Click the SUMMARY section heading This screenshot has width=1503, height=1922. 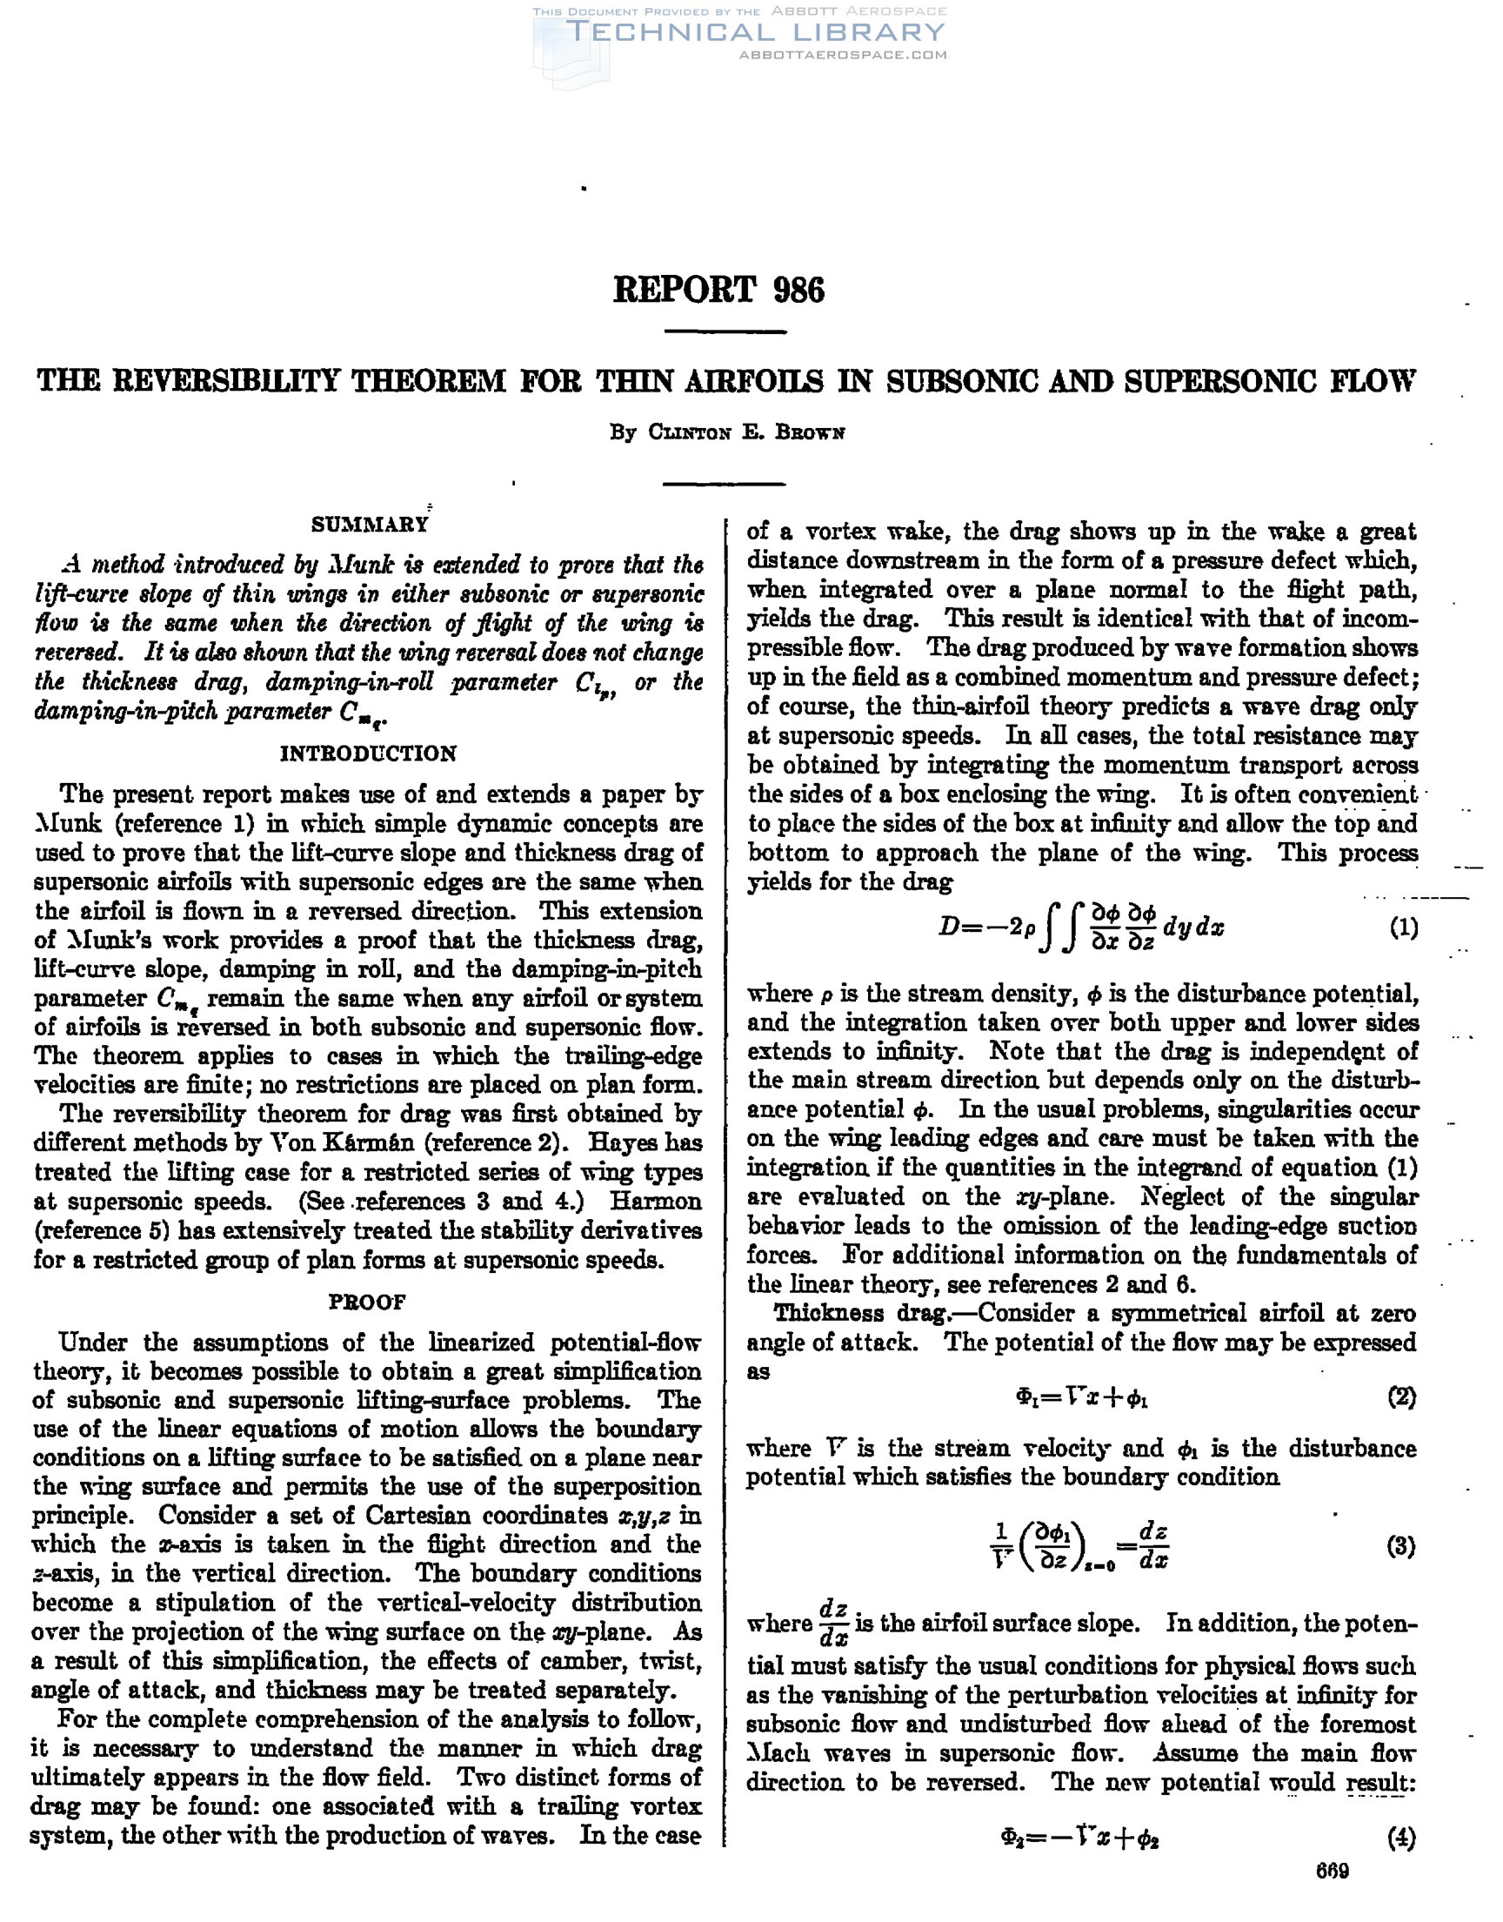point(369,526)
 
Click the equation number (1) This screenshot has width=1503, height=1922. point(1403,928)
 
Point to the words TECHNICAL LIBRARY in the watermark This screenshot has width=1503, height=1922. point(757,32)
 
